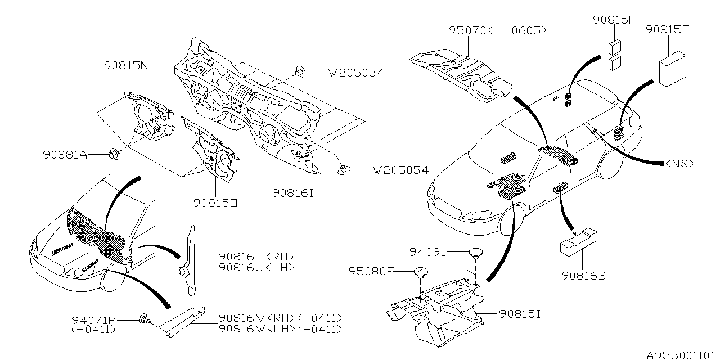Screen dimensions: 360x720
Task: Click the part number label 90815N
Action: (x=126, y=65)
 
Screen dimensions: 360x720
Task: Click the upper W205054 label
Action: (x=356, y=73)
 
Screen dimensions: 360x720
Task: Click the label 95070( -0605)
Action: (x=497, y=31)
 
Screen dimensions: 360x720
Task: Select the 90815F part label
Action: (x=614, y=20)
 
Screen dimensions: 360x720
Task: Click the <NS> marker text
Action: (x=679, y=163)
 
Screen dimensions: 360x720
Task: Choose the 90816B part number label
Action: (x=583, y=276)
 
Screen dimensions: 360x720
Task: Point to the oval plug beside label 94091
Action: (x=478, y=253)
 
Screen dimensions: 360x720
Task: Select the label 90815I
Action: (x=519, y=313)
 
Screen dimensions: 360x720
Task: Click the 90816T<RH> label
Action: (x=256, y=256)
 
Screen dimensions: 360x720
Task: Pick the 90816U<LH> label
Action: (x=256, y=267)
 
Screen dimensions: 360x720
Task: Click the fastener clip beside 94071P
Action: (x=143, y=321)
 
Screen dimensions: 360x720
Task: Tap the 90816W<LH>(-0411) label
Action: (x=280, y=329)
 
